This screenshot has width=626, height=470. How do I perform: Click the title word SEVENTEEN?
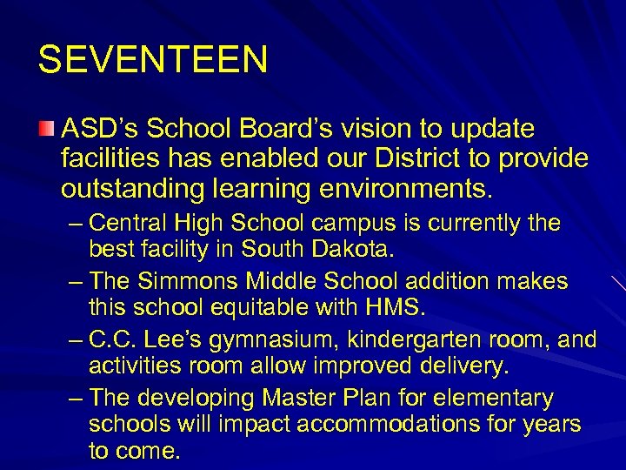(x=153, y=59)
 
